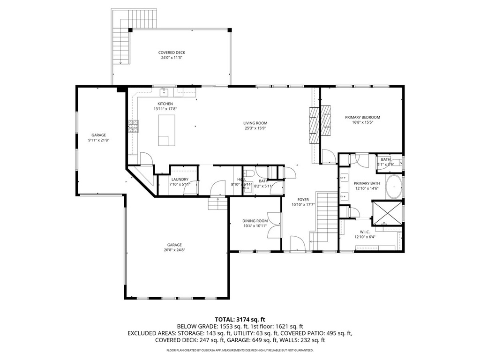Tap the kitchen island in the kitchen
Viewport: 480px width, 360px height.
coord(166,131)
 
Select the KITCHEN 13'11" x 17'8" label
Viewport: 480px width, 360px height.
coord(165,106)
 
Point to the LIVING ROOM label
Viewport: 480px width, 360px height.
coord(255,126)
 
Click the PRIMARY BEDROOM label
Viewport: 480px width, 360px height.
coord(362,120)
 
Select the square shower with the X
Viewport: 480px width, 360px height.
coord(387,212)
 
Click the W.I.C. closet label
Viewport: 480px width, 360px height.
coord(365,234)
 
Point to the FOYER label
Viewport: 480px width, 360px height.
coord(303,202)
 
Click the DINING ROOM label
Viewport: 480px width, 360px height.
coord(255,223)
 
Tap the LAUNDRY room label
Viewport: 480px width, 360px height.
coord(180,181)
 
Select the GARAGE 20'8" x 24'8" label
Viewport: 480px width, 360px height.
coord(174,247)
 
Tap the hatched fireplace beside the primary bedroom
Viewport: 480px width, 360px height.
coord(320,121)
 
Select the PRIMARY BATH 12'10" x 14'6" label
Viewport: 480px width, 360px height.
coord(367,186)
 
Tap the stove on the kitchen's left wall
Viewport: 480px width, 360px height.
coord(133,126)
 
